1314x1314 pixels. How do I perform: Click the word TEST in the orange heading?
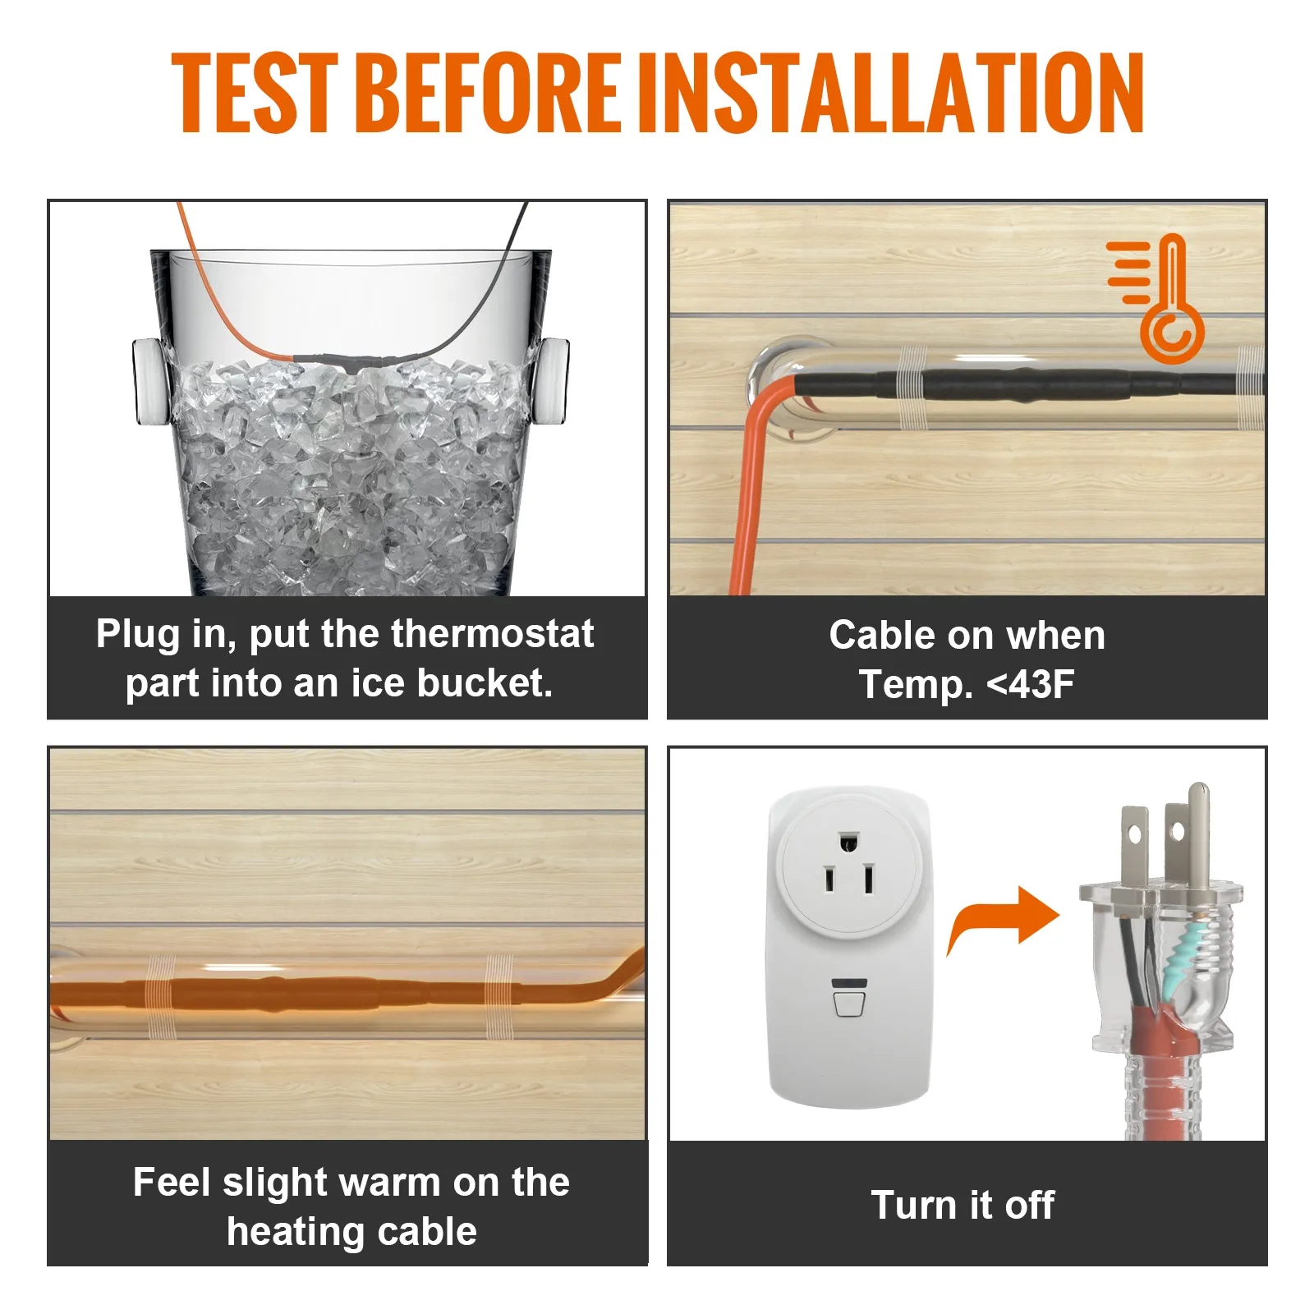255,92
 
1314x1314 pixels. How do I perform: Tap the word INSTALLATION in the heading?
890,92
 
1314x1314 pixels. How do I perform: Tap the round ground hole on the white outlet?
848,842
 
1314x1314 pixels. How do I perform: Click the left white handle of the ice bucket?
149,382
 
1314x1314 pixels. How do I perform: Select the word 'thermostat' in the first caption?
492,634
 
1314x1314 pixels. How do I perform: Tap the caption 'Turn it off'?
963,1205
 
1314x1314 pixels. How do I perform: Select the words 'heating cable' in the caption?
351,1232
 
